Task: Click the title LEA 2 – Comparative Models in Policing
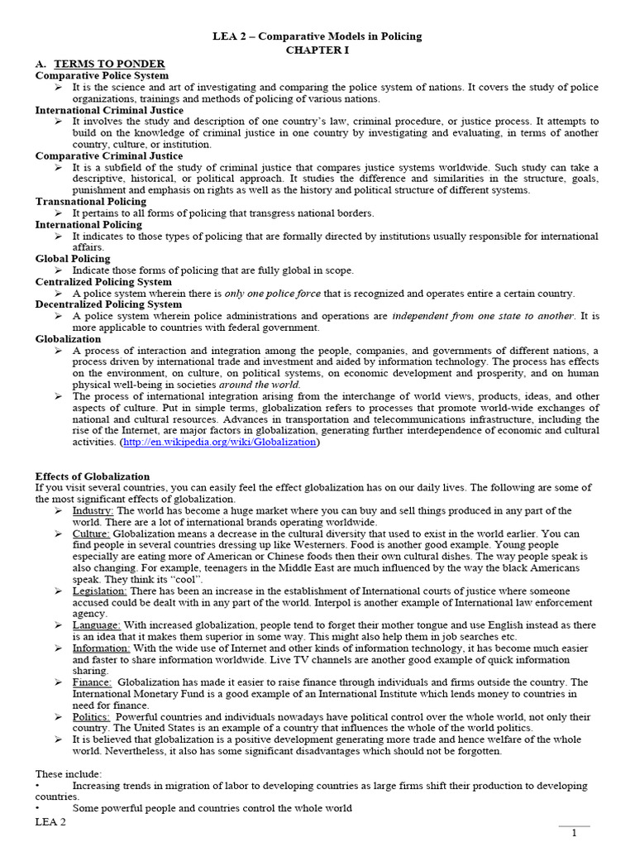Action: (318, 36)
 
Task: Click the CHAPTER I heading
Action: (317, 50)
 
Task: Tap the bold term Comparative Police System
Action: (102, 75)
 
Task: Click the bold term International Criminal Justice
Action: (109, 110)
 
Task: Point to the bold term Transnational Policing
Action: (91, 201)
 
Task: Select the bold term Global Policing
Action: (73, 259)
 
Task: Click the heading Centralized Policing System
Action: (103, 282)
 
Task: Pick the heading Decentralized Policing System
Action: (108, 304)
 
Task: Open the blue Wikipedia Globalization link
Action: (219, 442)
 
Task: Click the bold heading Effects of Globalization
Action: (93, 476)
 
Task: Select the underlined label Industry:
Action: (92, 511)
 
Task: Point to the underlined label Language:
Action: (96, 625)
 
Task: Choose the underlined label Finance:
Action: (92, 682)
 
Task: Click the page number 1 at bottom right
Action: (574, 834)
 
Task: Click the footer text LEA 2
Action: (50, 822)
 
